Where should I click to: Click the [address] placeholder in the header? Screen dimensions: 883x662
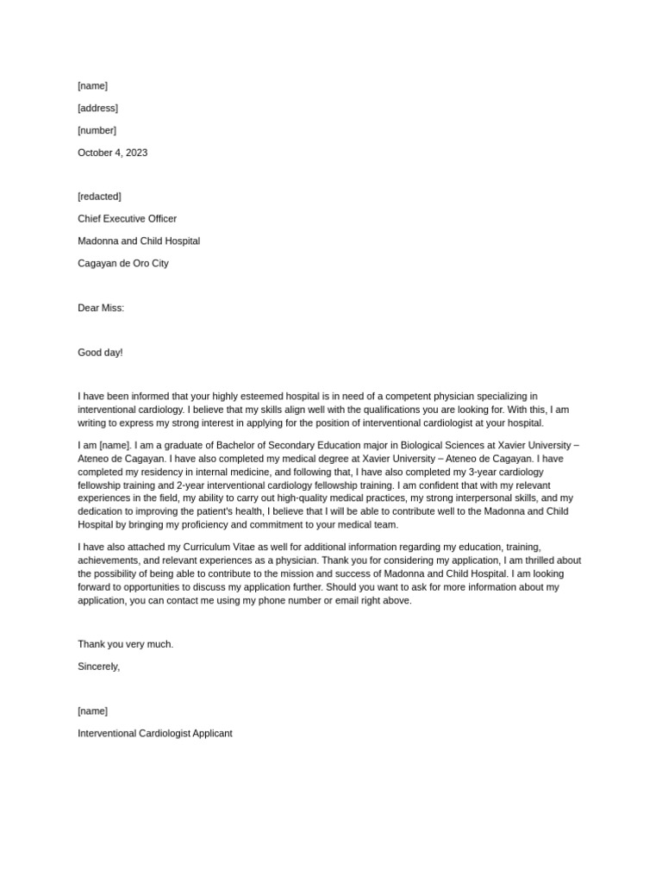point(97,108)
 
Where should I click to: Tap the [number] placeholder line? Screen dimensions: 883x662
point(97,130)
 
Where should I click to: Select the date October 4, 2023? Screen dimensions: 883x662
point(112,153)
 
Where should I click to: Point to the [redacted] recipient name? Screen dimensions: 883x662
point(99,197)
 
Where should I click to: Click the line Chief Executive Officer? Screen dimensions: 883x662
point(127,219)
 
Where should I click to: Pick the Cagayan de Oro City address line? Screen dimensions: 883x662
point(123,264)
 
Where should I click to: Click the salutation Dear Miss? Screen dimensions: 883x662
point(101,308)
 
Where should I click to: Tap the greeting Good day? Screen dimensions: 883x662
point(100,353)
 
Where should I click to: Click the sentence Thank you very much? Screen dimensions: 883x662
point(125,644)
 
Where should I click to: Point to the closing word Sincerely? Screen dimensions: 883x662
point(99,667)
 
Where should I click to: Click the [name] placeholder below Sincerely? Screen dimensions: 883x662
point(92,711)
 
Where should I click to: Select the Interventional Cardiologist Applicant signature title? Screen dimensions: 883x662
point(155,734)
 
